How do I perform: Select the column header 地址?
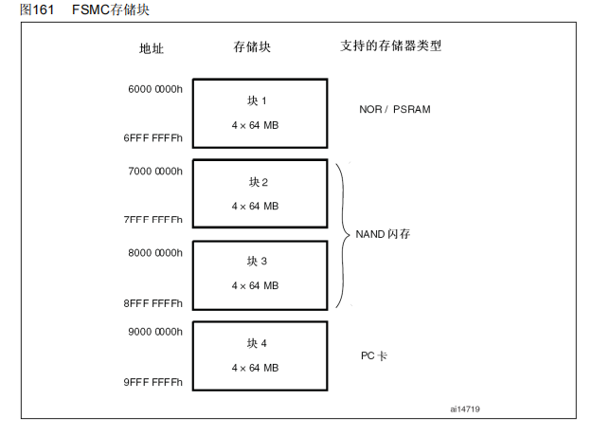[x=152, y=47]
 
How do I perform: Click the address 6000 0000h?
[x=154, y=90]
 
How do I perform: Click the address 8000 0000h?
[x=154, y=252]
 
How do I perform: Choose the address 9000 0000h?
[x=154, y=332]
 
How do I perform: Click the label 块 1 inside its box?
[x=259, y=100]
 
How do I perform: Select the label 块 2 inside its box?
[x=259, y=182]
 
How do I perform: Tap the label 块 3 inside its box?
[x=259, y=262]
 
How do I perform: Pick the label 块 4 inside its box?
[x=259, y=343]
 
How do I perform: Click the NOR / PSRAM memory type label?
[x=395, y=110]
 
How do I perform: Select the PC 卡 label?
[x=373, y=356]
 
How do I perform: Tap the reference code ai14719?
[x=465, y=409]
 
